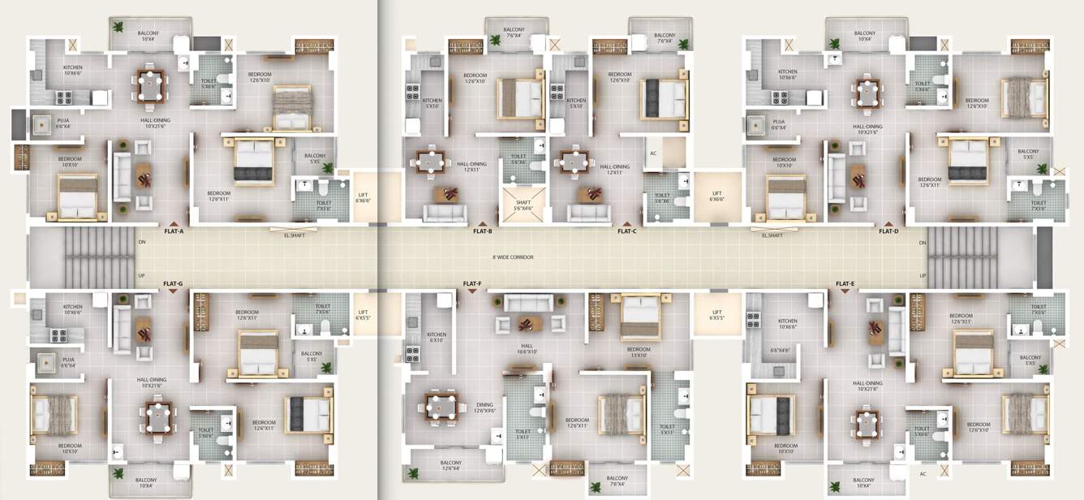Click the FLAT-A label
tap(174, 231)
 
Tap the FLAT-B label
tap(483, 231)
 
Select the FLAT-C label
tap(626, 231)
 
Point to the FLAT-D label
tap(888, 231)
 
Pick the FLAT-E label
tap(845, 284)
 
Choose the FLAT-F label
tap(472, 284)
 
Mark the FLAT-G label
tap(172, 284)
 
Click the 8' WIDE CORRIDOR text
tap(513, 257)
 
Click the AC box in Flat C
tap(653, 153)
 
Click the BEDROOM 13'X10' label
tap(638, 352)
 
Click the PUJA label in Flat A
tap(63, 123)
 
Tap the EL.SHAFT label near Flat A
tap(295, 235)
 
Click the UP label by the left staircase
tap(141, 276)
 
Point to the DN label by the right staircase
tap(923, 243)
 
